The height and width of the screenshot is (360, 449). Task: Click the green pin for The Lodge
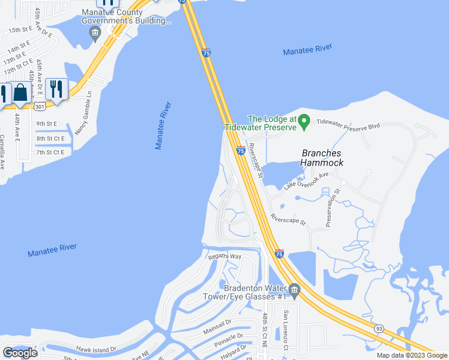304,122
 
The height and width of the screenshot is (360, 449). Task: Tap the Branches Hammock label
322,158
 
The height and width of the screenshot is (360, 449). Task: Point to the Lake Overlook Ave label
307,181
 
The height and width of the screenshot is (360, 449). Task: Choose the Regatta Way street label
224,256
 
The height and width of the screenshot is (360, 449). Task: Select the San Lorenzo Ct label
287,331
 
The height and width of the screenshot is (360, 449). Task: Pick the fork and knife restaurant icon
56,89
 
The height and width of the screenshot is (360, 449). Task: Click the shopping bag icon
20,93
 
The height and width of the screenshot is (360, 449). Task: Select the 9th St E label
46,124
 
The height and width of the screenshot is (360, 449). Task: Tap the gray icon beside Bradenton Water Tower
294,291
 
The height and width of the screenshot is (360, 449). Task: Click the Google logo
20,353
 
